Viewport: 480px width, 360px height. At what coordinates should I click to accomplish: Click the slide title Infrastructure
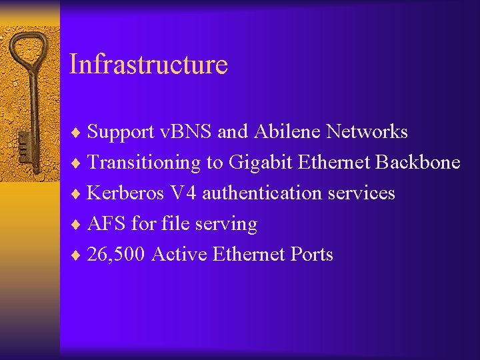pos(149,65)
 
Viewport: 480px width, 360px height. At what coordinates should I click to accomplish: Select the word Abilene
pos(286,132)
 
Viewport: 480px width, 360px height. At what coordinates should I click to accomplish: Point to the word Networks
pos(367,132)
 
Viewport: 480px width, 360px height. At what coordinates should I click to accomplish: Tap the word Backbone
pos(418,163)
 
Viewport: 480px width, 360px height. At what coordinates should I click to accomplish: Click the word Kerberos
pos(125,193)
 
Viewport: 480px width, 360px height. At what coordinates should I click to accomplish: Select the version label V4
pos(183,193)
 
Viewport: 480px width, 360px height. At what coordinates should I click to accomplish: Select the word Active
pos(179,255)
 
